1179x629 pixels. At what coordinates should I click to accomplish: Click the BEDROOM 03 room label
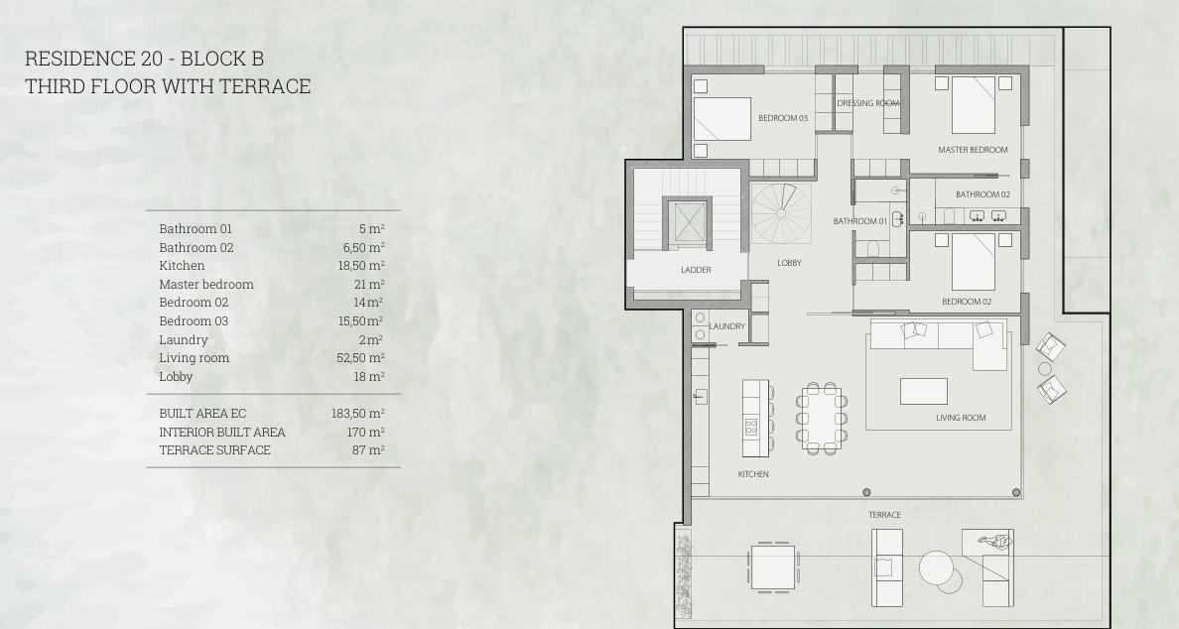783,118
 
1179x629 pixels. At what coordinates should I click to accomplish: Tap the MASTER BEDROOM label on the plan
973,150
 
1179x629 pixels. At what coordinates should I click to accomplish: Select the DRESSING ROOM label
868,103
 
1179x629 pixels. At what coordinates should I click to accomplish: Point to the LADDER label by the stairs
696,270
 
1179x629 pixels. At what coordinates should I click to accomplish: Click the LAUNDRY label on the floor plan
727,326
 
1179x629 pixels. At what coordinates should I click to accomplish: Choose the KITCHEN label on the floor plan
753,474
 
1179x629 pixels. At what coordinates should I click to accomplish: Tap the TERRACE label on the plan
884,515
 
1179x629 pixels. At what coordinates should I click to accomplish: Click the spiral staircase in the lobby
781,213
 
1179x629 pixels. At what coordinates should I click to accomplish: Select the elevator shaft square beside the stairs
687,223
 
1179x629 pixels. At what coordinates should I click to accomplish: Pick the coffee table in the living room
923,392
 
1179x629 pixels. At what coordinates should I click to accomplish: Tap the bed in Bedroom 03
721,119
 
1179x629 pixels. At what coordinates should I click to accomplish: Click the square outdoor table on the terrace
774,566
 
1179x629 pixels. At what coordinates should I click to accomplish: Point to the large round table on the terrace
937,568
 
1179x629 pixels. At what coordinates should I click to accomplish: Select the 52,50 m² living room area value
360,358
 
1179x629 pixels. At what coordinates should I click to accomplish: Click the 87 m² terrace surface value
368,450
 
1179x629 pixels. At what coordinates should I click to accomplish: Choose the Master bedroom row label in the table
206,284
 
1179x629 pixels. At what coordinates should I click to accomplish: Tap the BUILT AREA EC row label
202,414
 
